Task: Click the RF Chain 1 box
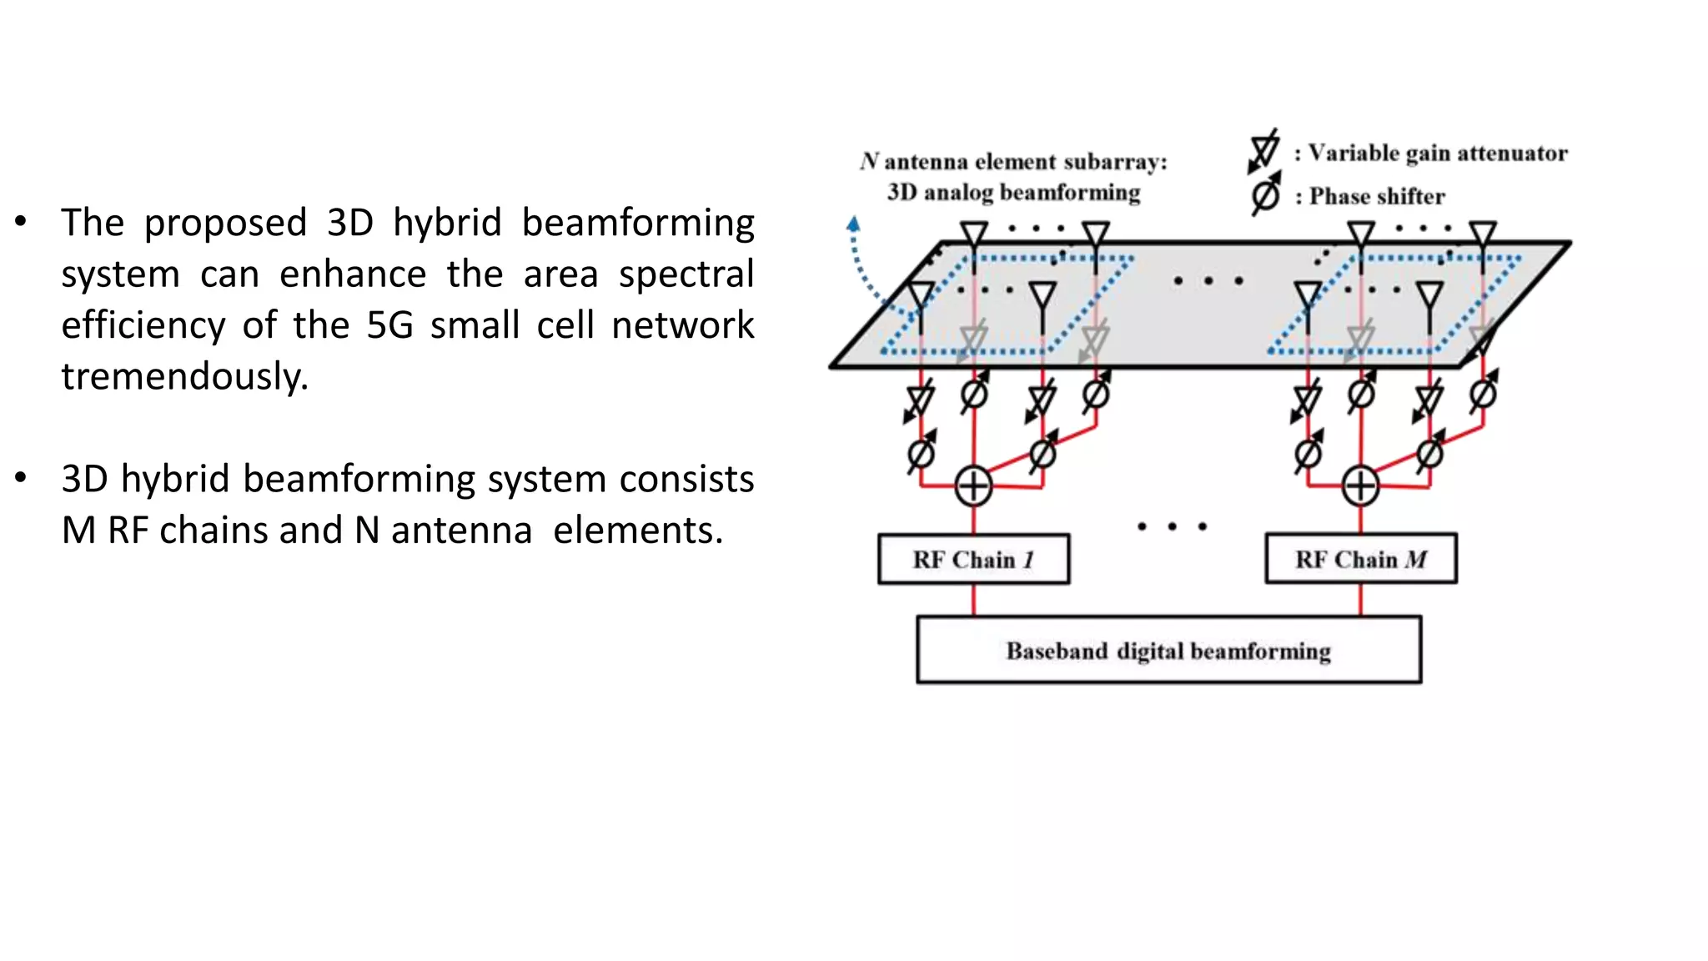tap(973, 559)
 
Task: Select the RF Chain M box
tap(1360, 559)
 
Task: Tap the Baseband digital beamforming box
tap(1168, 650)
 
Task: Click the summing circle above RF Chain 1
tap(973, 486)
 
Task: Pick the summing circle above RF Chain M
tap(1360, 486)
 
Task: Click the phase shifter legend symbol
tap(1266, 195)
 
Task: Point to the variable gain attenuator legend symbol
tap(1264, 151)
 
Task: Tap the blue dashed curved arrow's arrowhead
tap(852, 224)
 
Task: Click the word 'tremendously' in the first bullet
tap(183, 376)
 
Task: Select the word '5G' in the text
tap(389, 325)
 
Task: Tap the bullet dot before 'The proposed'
tap(21, 222)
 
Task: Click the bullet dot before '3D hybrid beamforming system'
tap(21, 478)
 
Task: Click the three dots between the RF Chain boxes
tap(1172, 526)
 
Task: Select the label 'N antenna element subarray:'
tap(1013, 161)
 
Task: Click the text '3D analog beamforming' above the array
tap(1013, 193)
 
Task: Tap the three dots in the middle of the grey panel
tap(1208, 281)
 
